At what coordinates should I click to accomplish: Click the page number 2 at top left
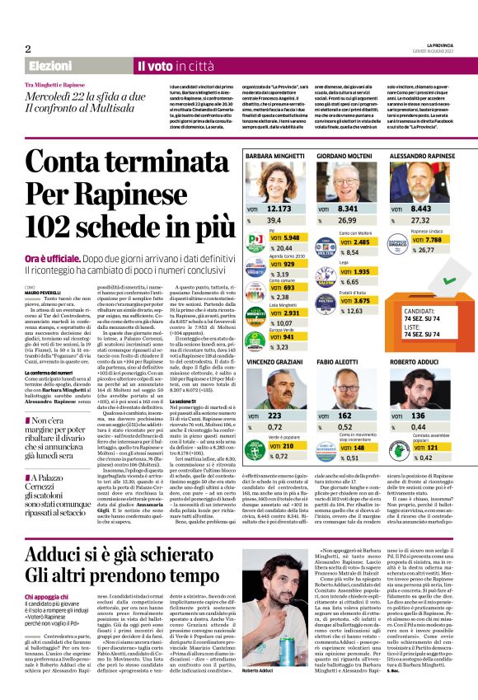28,48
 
